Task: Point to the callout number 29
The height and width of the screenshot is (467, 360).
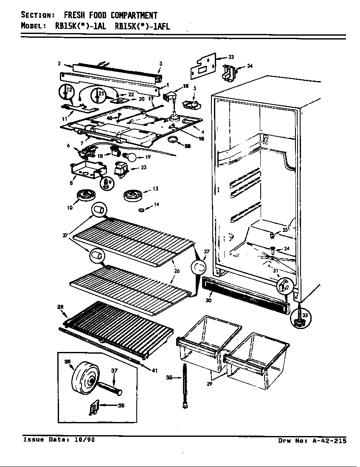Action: (x=209, y=384)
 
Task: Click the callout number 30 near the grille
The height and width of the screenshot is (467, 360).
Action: (x=208, y=300)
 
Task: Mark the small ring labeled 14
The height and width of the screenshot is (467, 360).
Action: (x=142, y=209)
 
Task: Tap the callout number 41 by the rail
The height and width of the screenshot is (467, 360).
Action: (x=155, y=370)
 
